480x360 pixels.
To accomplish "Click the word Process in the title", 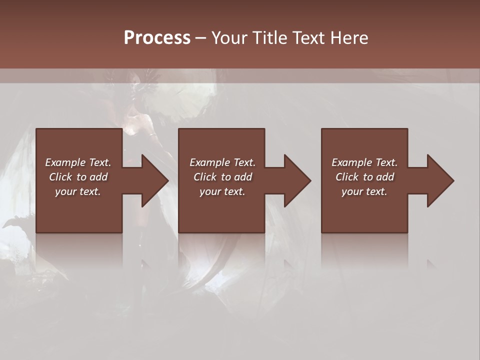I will tap(157, 37).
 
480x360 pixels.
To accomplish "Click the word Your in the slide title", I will tap(229, 37).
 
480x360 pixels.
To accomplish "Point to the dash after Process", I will tap(200, 38).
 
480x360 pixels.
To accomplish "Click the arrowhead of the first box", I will tap(152, 180).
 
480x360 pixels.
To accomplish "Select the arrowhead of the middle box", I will tap(295, 180).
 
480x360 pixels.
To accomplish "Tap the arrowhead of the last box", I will tap(438, 180).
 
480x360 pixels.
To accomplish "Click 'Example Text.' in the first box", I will tap(78, 162).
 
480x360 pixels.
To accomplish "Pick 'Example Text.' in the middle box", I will tap(222, 162).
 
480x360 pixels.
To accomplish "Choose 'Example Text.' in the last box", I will tap(364, 162).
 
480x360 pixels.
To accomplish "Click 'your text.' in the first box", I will tap(78, 191).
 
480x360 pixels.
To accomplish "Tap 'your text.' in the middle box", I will tap(222, 191).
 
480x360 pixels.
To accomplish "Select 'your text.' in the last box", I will tap(364, 191).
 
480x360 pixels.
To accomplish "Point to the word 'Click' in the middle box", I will tap(205, 177).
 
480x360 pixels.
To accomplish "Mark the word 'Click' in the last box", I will tap(347, 177).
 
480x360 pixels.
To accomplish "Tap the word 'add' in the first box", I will tap(99, 177).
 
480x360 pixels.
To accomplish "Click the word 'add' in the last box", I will tap(386, 177).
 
